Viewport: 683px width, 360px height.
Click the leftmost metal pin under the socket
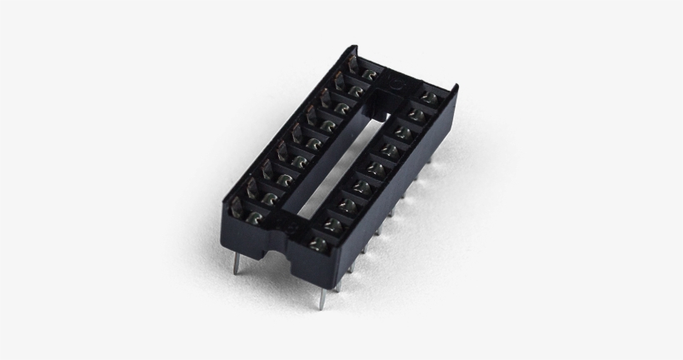click(238, 265)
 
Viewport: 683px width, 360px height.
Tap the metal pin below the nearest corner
click(320, 295)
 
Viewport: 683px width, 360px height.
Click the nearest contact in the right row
click(317, 242)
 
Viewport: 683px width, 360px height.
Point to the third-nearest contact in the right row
click(350, 203)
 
